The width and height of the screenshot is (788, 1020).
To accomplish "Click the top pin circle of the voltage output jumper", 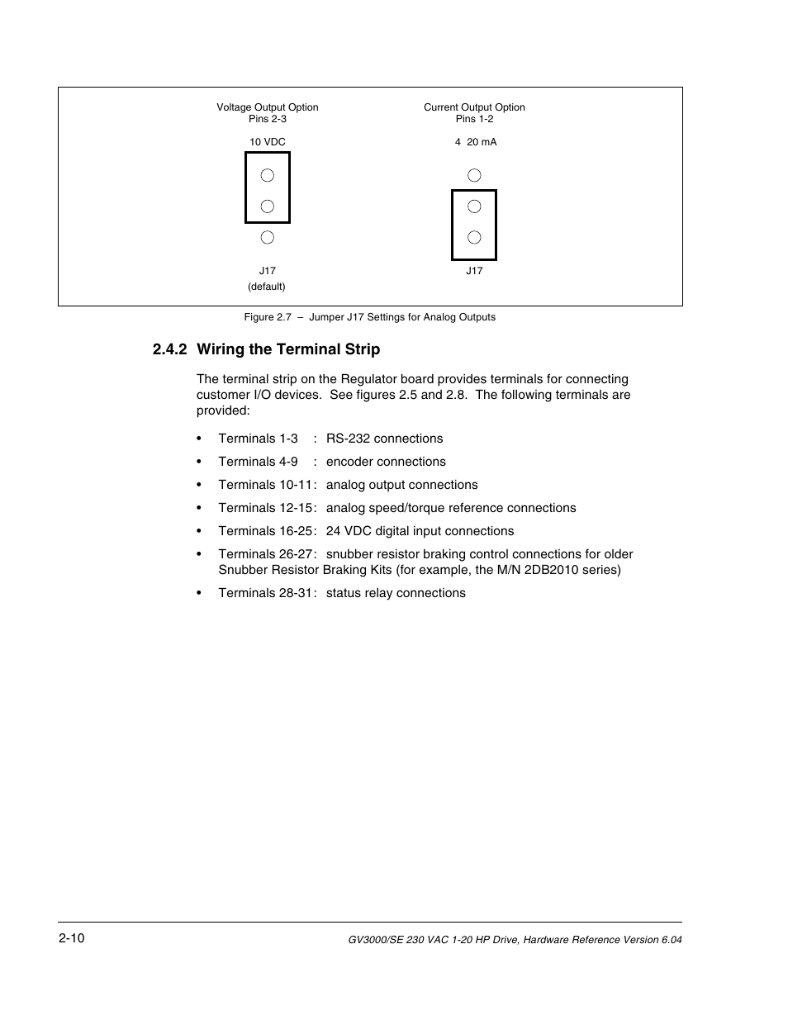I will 267,175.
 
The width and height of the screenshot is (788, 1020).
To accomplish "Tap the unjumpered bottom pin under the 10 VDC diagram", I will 267,238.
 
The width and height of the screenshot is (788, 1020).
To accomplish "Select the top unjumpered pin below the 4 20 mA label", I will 474,175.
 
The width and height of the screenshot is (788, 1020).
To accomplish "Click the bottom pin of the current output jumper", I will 474,238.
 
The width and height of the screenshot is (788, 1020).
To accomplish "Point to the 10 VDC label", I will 268,142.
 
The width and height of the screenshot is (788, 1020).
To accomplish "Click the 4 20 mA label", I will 476,142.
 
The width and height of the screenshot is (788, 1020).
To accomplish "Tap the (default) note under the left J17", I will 267,287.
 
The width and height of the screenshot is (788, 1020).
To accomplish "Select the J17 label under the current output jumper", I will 474,271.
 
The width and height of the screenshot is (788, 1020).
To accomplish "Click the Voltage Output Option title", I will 268,107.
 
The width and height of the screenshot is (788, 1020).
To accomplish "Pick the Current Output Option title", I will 474,107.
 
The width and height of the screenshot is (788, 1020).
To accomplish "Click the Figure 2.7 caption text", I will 369,317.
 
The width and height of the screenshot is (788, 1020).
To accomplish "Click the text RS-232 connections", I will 384,439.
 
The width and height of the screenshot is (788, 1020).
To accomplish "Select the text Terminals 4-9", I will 258,462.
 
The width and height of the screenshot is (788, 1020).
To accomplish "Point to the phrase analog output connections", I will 401,485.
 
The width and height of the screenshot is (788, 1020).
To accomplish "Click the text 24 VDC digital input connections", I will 420,531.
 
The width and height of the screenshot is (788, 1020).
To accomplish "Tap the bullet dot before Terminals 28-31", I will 199,594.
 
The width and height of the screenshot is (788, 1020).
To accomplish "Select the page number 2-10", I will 72,938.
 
